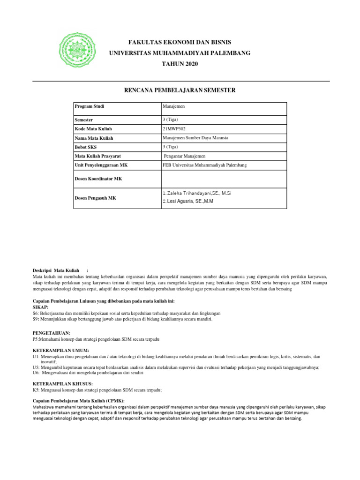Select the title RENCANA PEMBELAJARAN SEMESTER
pyautogui.click(x=180, y=90)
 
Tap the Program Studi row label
pyautogui.click(x=90, y=106)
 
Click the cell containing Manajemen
pyautogui.click(x=172, y=106)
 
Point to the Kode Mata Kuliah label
pyautogui.click(x=94, y=129)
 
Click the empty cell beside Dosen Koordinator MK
pyautogui.click(x=223, y=179)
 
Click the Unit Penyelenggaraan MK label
pyautogui.click(x=101, y=165)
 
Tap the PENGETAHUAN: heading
pyautogui.click(x=48, y=332)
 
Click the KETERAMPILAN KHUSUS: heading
pyautogui.click(x=60, y=384)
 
